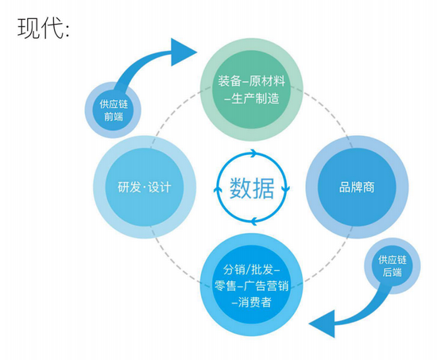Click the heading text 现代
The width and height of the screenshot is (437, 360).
[x=41, y=28]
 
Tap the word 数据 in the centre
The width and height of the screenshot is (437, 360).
[x=252, y=188]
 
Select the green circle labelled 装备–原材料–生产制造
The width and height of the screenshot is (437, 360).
[x=252, y=90]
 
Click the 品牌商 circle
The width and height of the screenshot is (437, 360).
[x=357, y=187]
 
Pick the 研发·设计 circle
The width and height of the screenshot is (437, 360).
[x=145, y=187]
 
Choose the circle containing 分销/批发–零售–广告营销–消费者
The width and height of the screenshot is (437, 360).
[x=252, y=285]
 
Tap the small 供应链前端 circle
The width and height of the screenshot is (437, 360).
[x=113, y=110]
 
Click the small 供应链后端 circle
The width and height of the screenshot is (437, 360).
[x=393, y=265]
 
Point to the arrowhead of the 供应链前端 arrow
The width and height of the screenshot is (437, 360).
[x=184, y=52]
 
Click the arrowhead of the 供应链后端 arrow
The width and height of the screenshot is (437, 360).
[x=322, y=323]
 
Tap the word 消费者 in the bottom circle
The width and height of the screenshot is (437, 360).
[x=255, y=302]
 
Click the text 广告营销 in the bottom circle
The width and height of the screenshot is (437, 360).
[x=266, y=286]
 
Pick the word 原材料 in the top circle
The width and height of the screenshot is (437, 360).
[x=267, y=81]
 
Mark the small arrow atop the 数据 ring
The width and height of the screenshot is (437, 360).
[x=253, y=153]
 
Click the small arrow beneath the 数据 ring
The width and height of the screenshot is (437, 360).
[x=253, y=221]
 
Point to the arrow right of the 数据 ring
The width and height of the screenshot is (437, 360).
[x=286, y=188]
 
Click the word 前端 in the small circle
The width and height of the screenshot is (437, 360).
[x=114, y=116]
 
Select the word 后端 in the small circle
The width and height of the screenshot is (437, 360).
[x=393, y=272]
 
